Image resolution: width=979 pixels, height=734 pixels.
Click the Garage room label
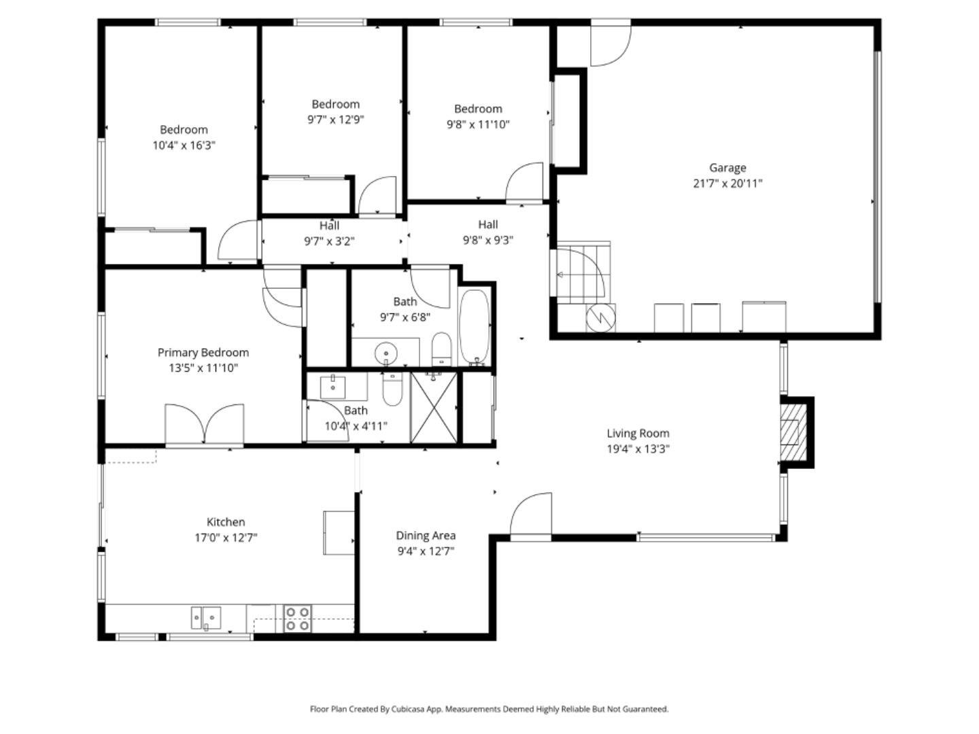(x=727, y=167)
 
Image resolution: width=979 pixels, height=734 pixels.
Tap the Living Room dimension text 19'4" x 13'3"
(x=638, y=449)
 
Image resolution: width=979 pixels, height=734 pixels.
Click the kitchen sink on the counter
(x=206, y=618)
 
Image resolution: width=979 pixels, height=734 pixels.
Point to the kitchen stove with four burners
(x=297, y=618)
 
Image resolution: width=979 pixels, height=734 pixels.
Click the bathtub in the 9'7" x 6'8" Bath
(x=474, y=327)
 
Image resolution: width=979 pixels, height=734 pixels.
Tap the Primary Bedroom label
(x=203, y=352)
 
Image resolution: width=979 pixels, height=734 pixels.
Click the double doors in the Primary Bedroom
(x=204, y=425)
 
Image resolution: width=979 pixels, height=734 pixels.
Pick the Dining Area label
(x=426, y=536)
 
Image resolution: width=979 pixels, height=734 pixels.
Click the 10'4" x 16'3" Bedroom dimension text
(x=184, y=145)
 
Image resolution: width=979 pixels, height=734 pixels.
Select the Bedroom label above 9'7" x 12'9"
(x=335, y=104)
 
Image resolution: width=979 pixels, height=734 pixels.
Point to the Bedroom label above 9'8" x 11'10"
(x=478, y=109)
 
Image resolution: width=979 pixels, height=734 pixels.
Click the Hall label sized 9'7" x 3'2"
(x=329, y=226)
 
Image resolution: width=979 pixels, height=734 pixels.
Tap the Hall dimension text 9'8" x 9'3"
(x=487, y=240)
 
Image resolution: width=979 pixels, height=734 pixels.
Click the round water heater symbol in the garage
(x=601, y=317)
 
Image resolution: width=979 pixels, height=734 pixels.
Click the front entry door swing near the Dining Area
(x=531, y=515)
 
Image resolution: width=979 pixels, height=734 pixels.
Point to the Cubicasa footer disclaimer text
(x=489, y=709)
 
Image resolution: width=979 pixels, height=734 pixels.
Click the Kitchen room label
(x=226, y=522)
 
